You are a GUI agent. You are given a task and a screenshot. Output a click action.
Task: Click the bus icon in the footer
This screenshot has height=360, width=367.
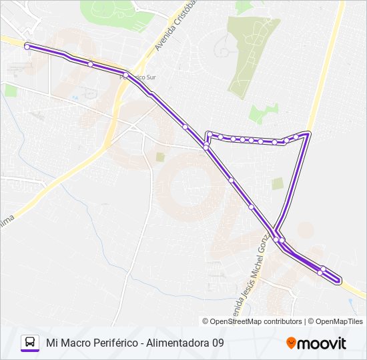[x=29, y=343]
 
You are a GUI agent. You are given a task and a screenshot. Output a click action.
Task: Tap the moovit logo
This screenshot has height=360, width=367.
[x=316, y=343]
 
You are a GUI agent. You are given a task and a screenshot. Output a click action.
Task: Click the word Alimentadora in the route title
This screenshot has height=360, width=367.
[x=177, y=343]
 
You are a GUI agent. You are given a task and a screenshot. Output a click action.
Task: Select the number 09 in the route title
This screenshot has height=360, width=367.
[x=218, y=343]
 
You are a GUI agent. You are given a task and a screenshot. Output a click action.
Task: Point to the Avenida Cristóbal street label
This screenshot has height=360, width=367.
[x=169, y=27]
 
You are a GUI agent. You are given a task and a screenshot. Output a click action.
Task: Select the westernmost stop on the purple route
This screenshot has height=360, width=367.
[x=27, y=46]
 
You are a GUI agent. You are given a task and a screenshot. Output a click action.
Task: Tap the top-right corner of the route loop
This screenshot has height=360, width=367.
[x=308, y=134]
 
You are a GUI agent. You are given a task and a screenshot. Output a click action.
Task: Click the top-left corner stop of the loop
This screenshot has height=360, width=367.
[x=210, y=134]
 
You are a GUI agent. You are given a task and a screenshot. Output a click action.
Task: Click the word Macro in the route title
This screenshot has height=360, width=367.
[x=79, y=343]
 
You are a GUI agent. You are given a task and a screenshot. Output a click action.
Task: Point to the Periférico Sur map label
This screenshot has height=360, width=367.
[x=137, y=77]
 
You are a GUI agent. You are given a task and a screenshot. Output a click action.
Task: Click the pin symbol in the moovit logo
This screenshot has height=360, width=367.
[x=292, y=343]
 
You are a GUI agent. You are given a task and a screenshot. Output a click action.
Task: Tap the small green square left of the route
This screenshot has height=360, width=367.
[x=160, y=157]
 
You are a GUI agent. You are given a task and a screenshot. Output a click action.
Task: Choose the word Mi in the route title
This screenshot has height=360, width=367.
[x=51, y=343]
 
